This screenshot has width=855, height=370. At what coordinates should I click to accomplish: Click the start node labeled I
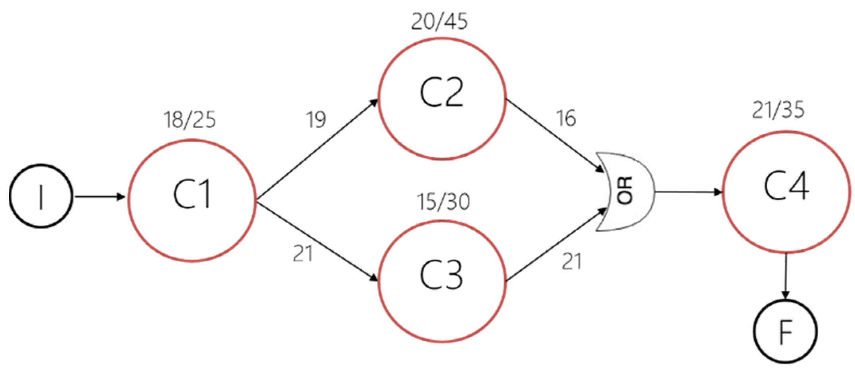point(41,196)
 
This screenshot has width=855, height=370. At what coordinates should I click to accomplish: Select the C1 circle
point(192,200)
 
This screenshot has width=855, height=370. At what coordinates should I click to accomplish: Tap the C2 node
point(442,99)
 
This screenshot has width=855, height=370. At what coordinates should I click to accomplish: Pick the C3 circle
point(442,281)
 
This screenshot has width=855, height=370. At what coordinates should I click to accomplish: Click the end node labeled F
point(786,332)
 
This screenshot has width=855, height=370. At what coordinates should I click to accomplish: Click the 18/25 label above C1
point(190,120)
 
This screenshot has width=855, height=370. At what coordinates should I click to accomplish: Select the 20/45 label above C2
point(439,22)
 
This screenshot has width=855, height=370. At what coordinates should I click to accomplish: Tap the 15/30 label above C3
point(443,202)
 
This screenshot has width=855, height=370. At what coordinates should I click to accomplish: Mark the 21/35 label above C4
point(778,110)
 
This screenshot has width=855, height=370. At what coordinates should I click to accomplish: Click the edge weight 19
point(316,119)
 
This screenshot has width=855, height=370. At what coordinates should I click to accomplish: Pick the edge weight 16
point(566,118)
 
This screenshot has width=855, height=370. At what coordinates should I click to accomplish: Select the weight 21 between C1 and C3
point(303,254)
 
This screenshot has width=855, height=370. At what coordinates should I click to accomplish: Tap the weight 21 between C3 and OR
point(572,262)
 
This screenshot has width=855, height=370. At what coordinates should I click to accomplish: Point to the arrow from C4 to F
point(786,276)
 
